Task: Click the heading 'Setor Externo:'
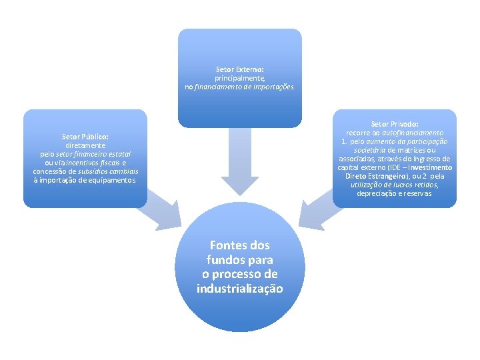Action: pyautogui.click(x=239, y=69)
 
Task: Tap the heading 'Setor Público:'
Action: pyautogui.click(x=85, y=137)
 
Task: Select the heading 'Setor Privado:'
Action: pyautogui.click(x=395, y=124)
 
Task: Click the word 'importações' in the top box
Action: pyautogui.click(x=273, y=87)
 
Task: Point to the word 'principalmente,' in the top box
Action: pyautogui.click(x=239, y=78)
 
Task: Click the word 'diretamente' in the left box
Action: pyautogui.click(x=85, y=145)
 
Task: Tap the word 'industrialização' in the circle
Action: pyautogui.click(x=239, y=289)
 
